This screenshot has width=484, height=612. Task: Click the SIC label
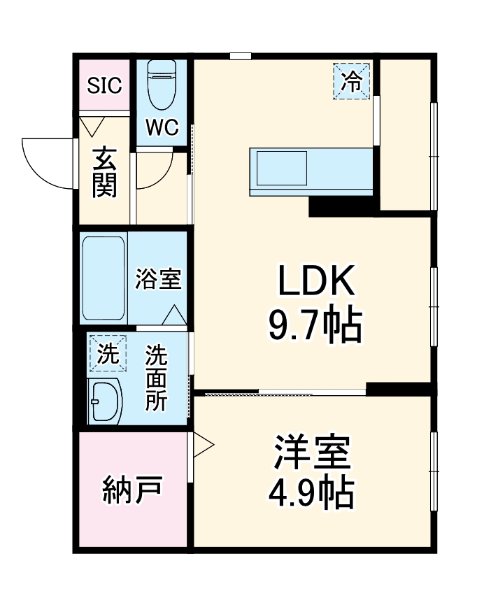[104, 85]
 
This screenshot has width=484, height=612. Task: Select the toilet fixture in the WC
[162, 86]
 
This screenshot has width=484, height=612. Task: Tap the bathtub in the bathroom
[104, 278]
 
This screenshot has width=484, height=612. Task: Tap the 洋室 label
[311, 454]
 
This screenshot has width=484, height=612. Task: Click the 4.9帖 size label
[311, 493]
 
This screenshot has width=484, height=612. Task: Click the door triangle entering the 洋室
[201, 446]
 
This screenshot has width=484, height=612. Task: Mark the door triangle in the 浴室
[174, 316]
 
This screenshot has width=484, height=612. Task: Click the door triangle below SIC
[92, 127]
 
